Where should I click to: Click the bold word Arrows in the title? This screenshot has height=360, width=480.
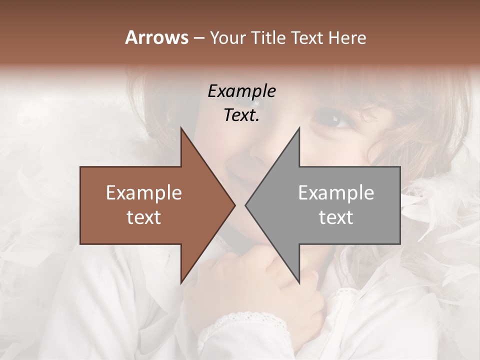coord(156,37)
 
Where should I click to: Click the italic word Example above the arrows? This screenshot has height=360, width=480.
coord(241,91)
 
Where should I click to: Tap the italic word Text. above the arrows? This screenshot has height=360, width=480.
coord(241,115)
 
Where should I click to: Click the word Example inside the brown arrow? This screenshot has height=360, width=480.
coord(143,193)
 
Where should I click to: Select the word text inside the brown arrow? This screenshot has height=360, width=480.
coord(143,217)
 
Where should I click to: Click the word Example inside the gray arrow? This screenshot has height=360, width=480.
coord(336,193)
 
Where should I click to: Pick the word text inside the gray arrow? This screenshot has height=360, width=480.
coord(336,217)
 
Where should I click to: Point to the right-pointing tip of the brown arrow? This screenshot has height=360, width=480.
coord(234,205)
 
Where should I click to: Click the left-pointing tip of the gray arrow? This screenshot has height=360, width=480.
coord(245,205)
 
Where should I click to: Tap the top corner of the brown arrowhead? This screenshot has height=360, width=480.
coord(181,128)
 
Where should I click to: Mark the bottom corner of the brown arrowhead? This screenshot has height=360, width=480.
coord(181,282)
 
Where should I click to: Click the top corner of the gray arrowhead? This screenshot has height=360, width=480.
coord(299,128)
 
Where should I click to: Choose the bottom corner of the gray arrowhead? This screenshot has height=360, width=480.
coord(299,282)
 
